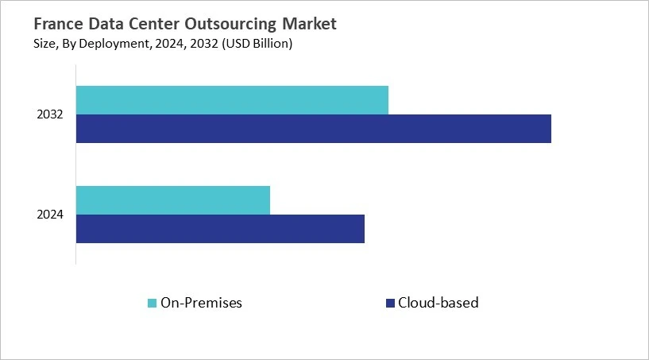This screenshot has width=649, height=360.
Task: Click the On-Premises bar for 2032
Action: [x=232, y=100]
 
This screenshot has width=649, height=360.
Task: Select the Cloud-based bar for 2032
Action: [x=313, y=129]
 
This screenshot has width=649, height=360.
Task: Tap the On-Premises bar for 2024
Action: [x=173, y=200]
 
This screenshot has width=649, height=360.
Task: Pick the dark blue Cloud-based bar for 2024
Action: [x=220, y=229]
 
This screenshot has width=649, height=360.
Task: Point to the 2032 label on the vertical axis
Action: [x=50, y=115]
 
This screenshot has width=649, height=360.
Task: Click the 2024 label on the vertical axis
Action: [x=50, y=215]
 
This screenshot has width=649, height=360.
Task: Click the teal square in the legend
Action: [x=152, y=303]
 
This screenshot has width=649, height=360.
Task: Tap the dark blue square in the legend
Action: [x=389, y=303]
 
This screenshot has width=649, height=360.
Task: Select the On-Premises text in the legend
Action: [x=201, y=303]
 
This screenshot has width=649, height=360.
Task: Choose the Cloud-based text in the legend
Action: [x=438, y=303]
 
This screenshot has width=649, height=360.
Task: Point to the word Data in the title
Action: [x=115, y=25]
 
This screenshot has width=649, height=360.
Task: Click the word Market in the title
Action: [x=311, y=25]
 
